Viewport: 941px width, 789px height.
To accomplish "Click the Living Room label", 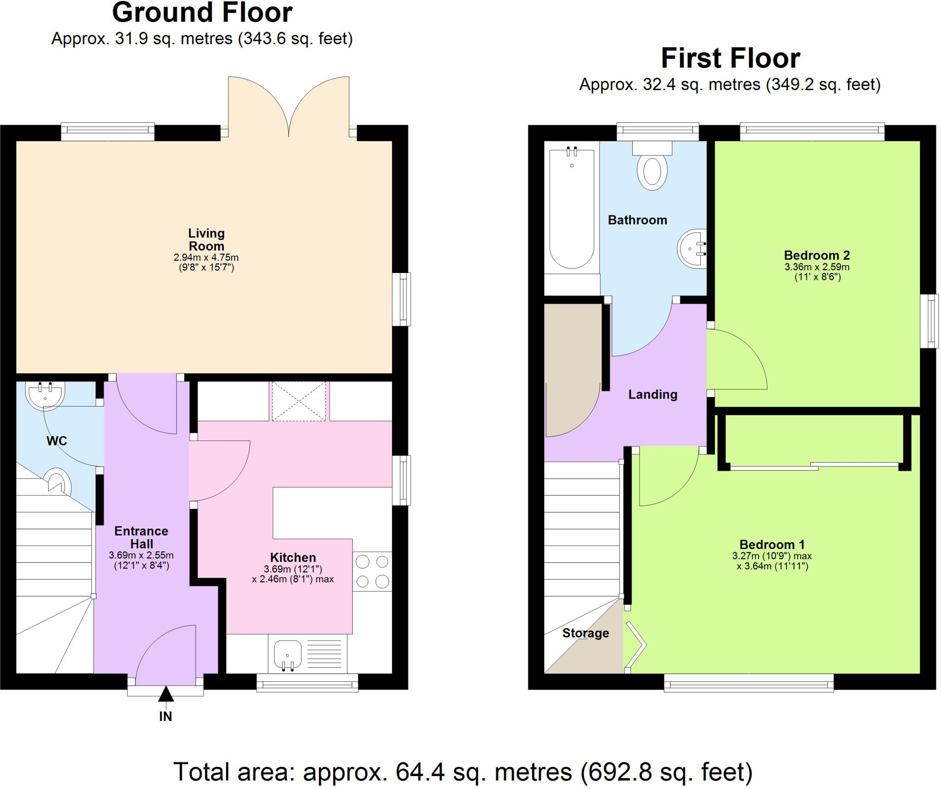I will pyautogui.click(x=206, y=239).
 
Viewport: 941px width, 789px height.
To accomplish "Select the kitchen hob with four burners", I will pyautogui.click(x=372, y=571).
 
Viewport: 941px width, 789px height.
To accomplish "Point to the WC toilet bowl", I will pyautogui.click(x=59, y=480).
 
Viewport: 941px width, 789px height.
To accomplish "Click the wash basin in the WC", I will pyautogui.click(x=45, y=394).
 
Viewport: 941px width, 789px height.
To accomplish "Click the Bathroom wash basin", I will pyautogui.click(x=693, y=249).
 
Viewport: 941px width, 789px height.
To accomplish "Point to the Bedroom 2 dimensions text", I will pyautogui.click(x=817, y=272).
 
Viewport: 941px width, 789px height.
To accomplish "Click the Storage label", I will pyautogui.click(x=585, y=633).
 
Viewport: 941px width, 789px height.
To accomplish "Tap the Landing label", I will pyautogui.click(x=652, y=394).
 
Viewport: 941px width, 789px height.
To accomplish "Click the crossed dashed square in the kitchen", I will pyautogui.click(x=299, y=401).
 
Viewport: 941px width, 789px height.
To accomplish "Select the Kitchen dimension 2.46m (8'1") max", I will pyautogui.click(x=293, y=579).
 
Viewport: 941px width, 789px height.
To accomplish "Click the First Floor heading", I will pyautogui.click(x=730, y=58).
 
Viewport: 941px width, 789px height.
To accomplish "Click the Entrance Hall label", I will pyautogui.click(x=141, y=537).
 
